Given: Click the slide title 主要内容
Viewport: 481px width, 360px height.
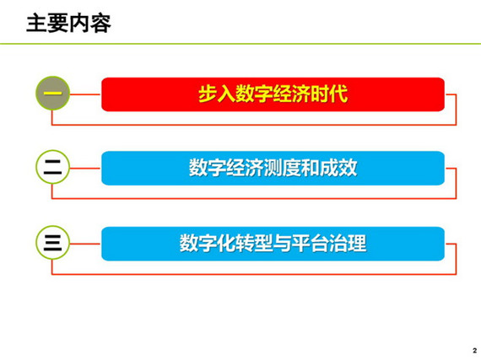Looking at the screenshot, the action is (x=68, y=24).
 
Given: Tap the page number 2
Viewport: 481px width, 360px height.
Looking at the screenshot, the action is (x=475, y=351).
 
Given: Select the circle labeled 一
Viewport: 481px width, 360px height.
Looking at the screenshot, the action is (x=53, y=93).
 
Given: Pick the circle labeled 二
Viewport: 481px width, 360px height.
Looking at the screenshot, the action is (x=53, y=167).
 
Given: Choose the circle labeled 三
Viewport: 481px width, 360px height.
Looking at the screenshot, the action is (x=53, y=243).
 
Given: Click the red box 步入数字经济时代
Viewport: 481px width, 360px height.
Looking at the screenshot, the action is (x=273, y=94).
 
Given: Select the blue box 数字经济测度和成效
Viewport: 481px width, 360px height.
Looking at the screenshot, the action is (x=273, y=169).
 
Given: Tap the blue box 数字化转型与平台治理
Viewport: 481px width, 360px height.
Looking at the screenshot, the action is (x=273, y=244).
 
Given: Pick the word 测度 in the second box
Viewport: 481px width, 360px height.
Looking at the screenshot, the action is (x=282, y=168).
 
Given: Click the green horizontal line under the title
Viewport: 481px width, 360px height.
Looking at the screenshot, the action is (x=240, y=44).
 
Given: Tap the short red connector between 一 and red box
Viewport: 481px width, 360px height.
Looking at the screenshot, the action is (x=85, y=94).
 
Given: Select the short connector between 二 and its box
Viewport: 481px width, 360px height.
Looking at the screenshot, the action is (x=85, y=169).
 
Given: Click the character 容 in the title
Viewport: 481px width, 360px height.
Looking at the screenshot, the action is (x=100, y=24).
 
